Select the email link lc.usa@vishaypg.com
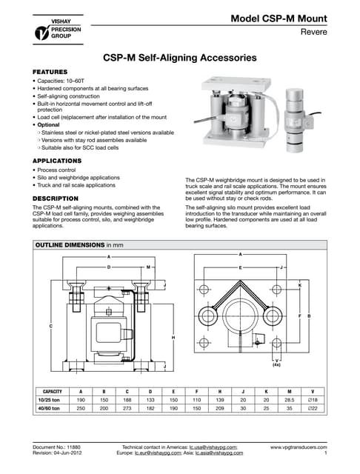pyautogui.click(x=213, y=448)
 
